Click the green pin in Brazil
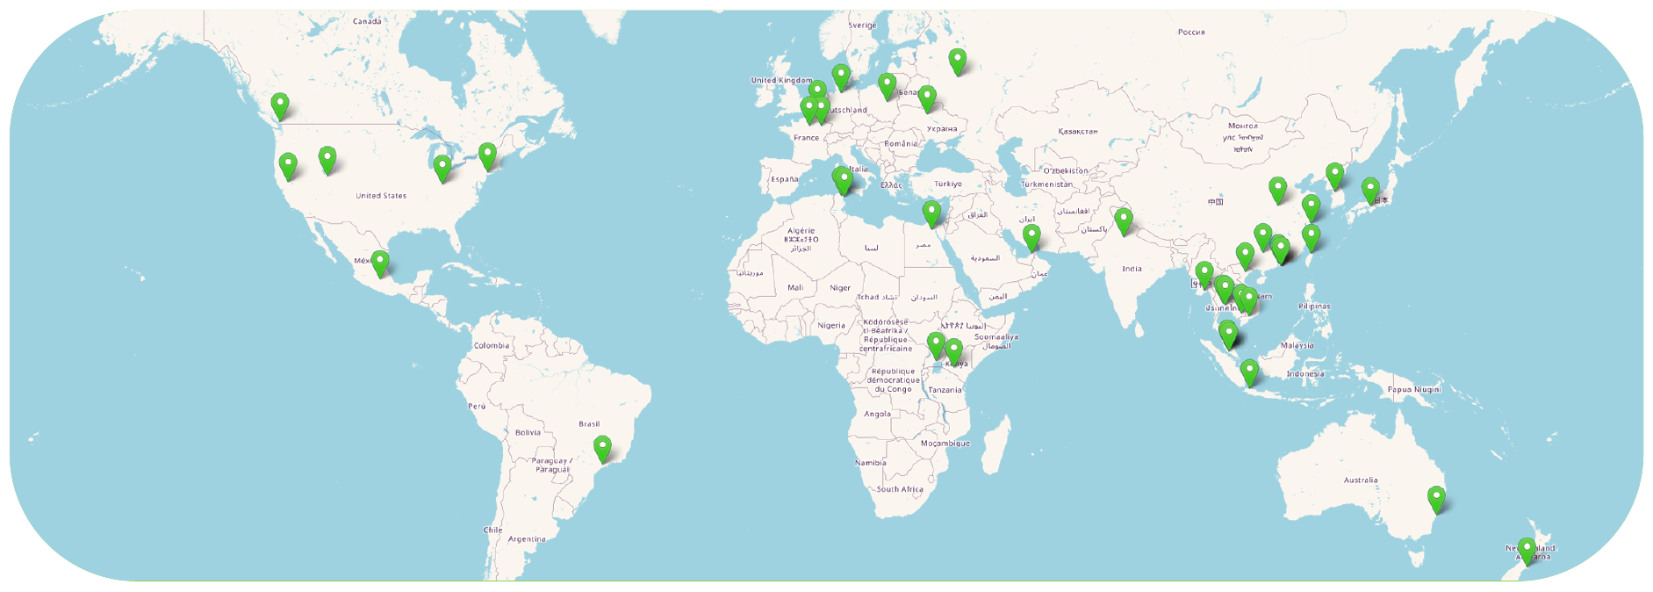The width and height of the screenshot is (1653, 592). click(602, 448)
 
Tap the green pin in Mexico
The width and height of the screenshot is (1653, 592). click(380, 263)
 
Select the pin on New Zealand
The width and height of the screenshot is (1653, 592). click(1527, 551)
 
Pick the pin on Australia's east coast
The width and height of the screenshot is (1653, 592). click(1436, 499)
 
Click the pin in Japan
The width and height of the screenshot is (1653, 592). click(1370, 190)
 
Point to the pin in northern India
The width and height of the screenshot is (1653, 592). click(1124, 220)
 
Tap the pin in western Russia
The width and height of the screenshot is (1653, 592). click(958, 61)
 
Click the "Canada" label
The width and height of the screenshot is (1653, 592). click(367, 21)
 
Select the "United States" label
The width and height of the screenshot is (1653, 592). click(381, 196)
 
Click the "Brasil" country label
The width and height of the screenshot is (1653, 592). click(589, 424)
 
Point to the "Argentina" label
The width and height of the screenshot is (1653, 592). click(527, 539)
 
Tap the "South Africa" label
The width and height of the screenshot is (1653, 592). click(900, 489)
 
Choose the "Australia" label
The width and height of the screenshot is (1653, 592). click(1361, 480)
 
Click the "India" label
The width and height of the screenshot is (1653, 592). click(1132, 269)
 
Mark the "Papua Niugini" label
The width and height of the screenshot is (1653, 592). click(1414, 389)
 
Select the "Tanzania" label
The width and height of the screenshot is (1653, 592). click(945, 390)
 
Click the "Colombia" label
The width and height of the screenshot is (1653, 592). click(492, 346)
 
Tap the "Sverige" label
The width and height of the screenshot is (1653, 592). click(862, 25)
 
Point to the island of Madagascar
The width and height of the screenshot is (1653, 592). click(995, 444)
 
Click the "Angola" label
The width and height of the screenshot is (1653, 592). click(877, 414)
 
